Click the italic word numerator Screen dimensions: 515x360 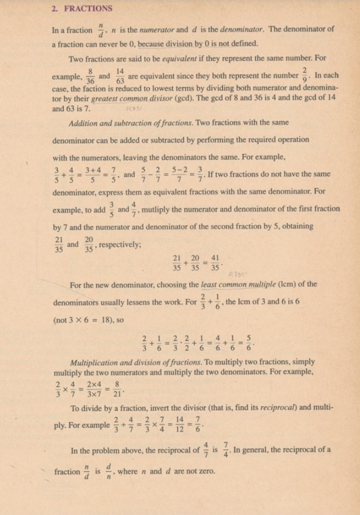(x=137, y=30)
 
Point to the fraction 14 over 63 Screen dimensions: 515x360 (x=120, y=76)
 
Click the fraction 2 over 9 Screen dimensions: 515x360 (x=304, y=76)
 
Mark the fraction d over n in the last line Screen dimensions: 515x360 (x=109, y=472)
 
